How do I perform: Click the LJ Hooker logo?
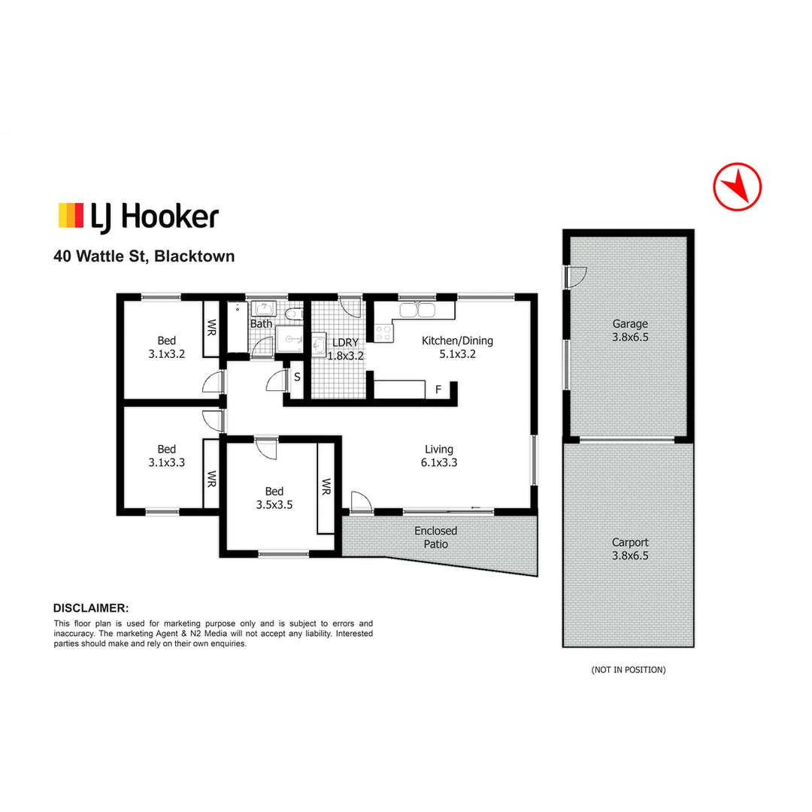[x=138, y=216]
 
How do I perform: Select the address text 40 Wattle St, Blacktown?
[x=144, y=256]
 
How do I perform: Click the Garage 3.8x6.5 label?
[x=629, y=331]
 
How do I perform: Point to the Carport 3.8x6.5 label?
[x=629, y=549]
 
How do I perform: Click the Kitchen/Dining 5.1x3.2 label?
[x=457, y=347]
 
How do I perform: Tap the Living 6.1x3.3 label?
[x=438, y=456]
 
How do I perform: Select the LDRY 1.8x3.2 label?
[x=345, y=349]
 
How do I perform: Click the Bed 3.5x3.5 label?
[x=274, y=498]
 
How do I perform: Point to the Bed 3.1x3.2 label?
[x=167, y=347]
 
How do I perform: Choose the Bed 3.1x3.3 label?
[x=167, y=456]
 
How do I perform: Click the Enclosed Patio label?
[x=435, y=537]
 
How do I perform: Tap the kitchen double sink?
[x=416, y=310]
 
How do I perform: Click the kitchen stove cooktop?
[x=383, y=332]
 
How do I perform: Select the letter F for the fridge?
[x=438, y=390]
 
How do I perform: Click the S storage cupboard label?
[x=297, y=377]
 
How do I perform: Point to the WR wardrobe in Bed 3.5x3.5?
[x=326, y=486]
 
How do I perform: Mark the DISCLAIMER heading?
[x=91, y=607]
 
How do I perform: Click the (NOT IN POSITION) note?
[x=629, y=669]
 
